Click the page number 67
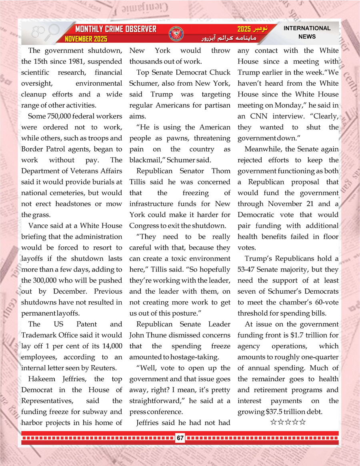pyautogui.click(x=180, y=438)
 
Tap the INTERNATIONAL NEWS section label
pyautogui.click(x=307, y=32)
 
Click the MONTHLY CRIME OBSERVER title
pyautogui.click(x=116, y=29)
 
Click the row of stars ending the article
pyautogui.click(x=288, y=422)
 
